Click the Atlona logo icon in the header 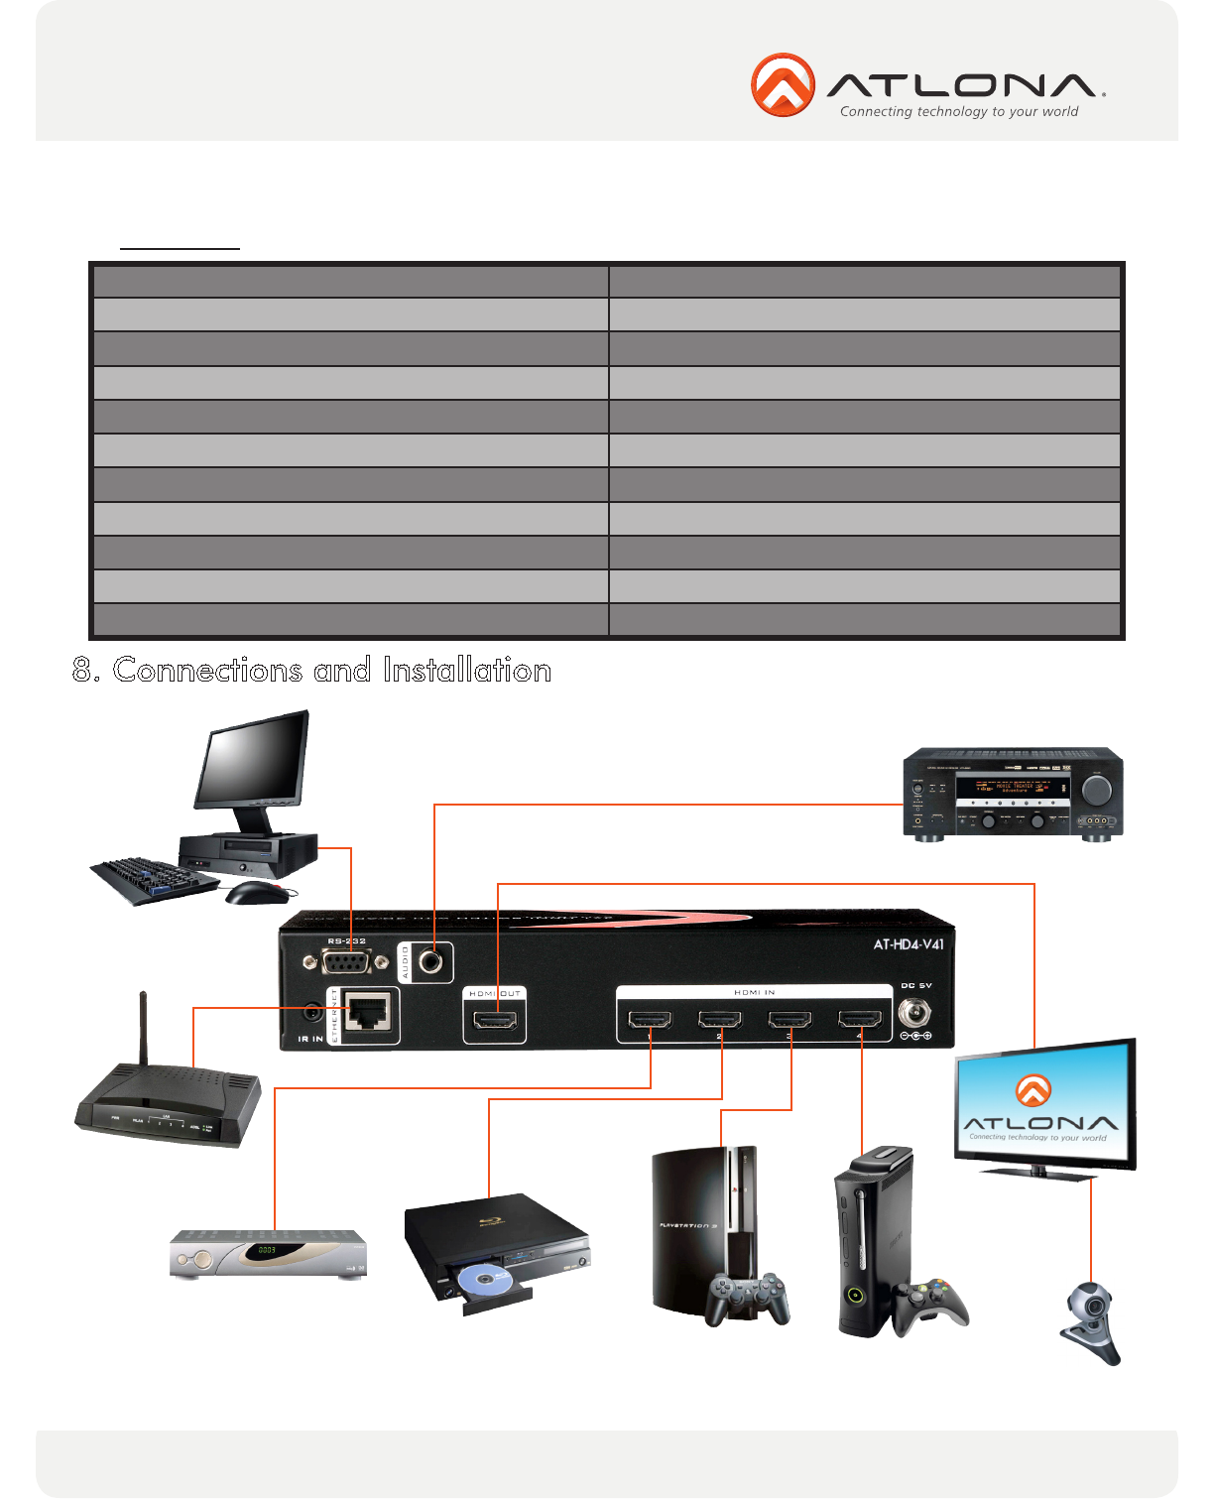tap(783, 84)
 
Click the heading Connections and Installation tap(311, 671)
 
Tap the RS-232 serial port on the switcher tap(346, 963)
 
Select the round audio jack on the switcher tap(431, 961)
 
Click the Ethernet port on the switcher tap(369, 1014)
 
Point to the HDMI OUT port tap(494, 1021)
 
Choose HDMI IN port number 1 tap(650, 1020)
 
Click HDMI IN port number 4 tap(860, 1020)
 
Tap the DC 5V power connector tap(913, 1014)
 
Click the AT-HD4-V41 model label tap(909, 944)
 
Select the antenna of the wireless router tap(144, 1028)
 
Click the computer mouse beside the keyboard tap(257, 893)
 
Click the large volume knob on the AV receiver tap(1097, 791)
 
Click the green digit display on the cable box tap(267, 1250)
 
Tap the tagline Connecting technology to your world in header tap(959, 112)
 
